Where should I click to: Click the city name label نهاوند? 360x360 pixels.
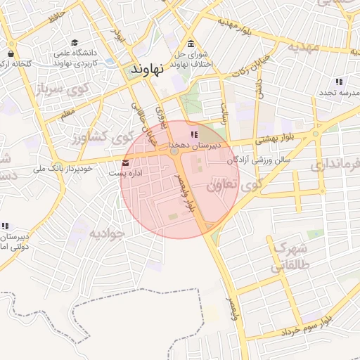[x=147, y=69]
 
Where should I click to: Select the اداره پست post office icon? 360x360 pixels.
[x=126, y=163]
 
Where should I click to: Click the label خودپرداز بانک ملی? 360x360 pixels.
[x=64, y=169]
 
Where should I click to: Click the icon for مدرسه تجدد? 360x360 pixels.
[x=339, y=82]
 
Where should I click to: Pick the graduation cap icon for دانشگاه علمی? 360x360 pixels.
[x=76, y=43]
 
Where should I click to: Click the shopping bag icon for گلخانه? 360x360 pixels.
[x=11, y=53]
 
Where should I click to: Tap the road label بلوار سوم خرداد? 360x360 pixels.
[x=309, y=325]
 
